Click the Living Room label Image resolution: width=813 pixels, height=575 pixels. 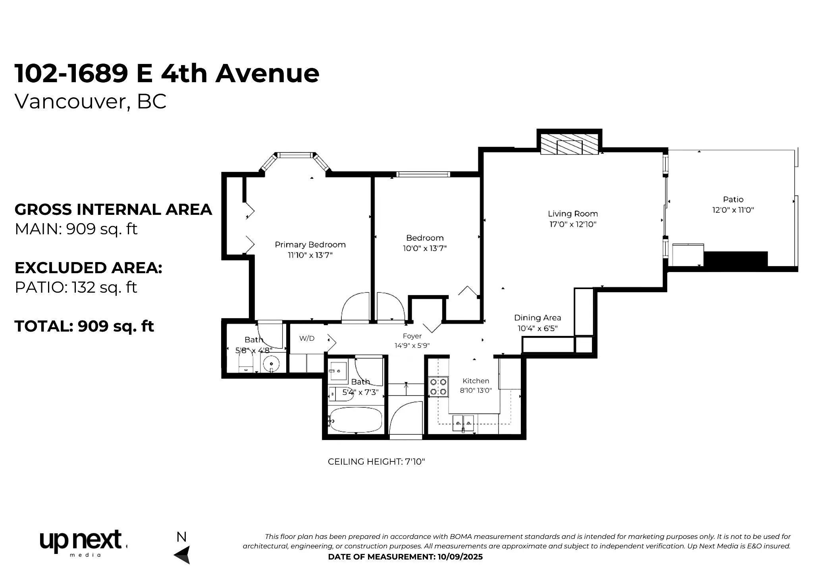[573, 214]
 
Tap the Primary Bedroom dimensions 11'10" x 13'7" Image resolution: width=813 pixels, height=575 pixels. [310, 255]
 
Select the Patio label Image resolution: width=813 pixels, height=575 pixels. [733, 199]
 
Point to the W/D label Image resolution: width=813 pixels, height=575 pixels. [307, 338]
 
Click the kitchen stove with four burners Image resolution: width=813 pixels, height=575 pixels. [438, 387]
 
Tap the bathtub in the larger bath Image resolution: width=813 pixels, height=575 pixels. [356, 420]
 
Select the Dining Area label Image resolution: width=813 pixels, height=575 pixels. [538, 318]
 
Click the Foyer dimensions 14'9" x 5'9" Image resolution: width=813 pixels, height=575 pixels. [412, 346]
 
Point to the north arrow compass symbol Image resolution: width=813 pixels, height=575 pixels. [183, 554]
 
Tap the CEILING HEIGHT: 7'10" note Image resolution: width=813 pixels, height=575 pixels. [376, 462]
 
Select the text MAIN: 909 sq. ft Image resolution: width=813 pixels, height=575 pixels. [76, 229]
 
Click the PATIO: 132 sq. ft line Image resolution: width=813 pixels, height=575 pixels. [76, 287]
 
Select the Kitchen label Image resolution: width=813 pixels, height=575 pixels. [476, 381]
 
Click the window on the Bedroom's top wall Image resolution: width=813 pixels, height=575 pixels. [424, 174]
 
